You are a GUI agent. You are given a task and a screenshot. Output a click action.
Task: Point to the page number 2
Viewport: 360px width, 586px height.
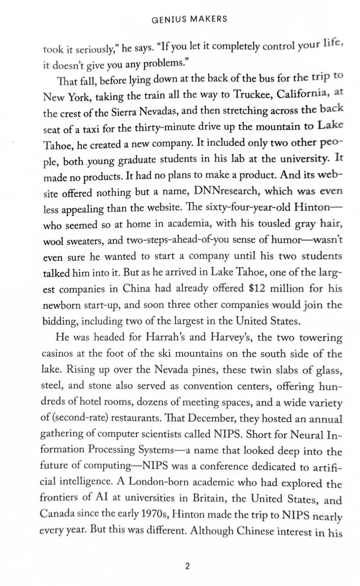pos(187,566)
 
